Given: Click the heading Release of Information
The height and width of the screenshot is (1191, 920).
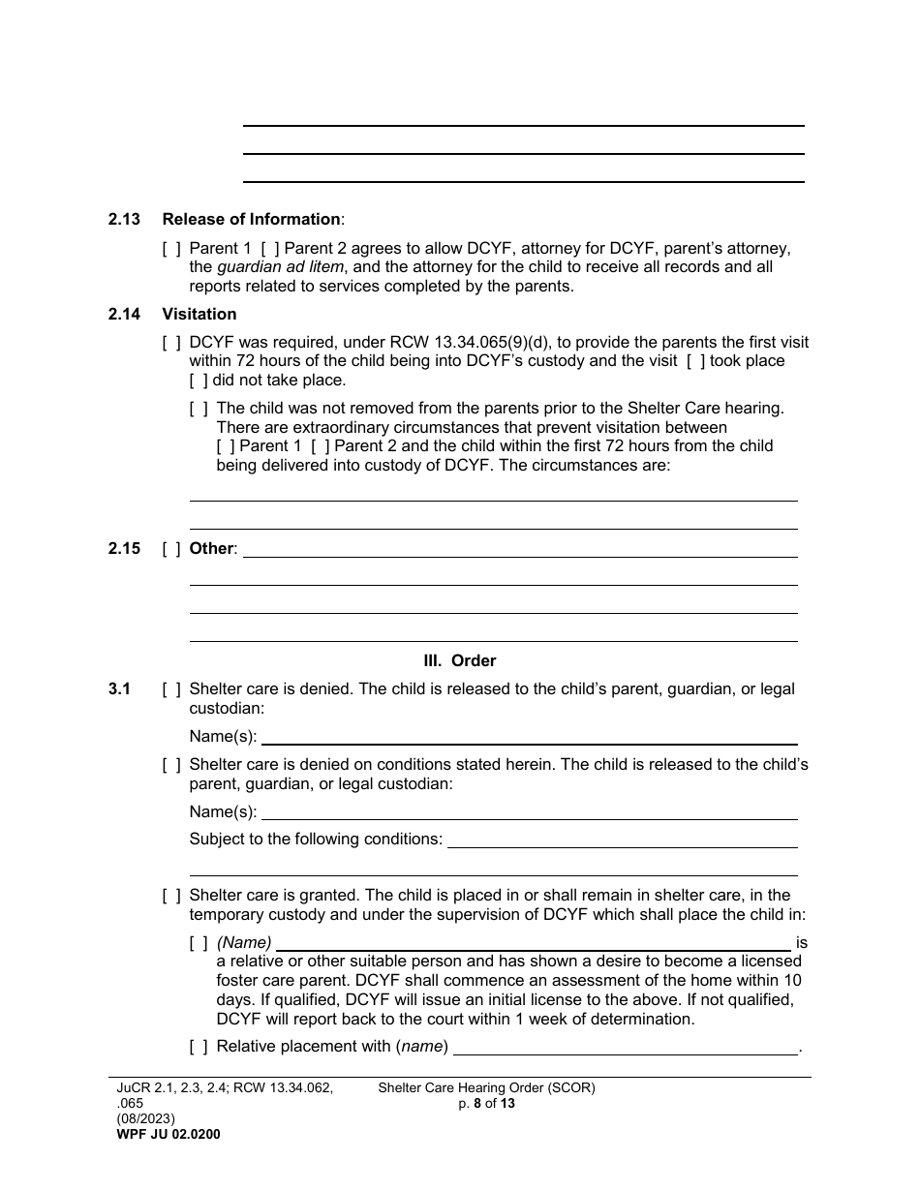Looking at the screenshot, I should [251, 220].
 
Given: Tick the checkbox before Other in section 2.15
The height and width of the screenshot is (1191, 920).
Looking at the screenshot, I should [171, 549].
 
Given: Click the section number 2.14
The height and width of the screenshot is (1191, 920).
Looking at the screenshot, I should [124, 315].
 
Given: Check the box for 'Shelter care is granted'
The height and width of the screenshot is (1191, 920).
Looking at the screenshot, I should [171, 896].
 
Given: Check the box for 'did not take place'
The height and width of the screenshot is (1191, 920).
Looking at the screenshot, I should [199, 381].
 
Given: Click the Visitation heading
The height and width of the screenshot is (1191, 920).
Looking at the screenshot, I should [199, 315].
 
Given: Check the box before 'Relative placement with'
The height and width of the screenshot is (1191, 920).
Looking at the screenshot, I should [199, 1047].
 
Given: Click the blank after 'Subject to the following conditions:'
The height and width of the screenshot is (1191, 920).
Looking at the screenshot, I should [622, 840].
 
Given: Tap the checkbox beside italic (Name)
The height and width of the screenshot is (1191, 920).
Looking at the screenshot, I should [199, 942].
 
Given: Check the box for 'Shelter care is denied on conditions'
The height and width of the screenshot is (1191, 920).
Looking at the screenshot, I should [171, 765].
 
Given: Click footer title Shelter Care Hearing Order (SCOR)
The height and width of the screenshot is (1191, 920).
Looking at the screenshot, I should [486, 1087].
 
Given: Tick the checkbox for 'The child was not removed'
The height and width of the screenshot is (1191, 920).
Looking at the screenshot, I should [199, 409].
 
